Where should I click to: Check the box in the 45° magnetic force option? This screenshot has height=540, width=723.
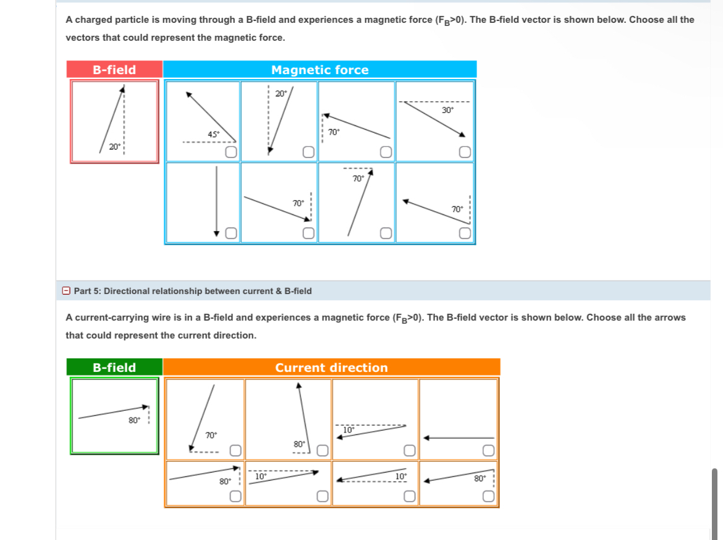click(x=230, y=152)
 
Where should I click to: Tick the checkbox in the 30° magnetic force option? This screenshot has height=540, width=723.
click(x=465, y=152)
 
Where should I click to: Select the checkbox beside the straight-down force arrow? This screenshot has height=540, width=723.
click(x=230, y=233)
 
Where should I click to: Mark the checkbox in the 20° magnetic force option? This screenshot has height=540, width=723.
click(x=307, y=152)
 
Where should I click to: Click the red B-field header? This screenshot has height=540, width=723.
click(x=114, y=70)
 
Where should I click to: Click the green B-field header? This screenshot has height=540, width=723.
click(x=114, y=368)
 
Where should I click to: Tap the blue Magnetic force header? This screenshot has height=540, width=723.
click(x=319, y=70)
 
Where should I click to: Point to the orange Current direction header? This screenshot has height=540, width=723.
click(x=331, y=368)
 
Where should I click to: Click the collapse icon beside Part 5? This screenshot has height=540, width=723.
click(x=66, y=291)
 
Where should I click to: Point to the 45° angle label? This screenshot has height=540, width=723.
click(x=213, y=134)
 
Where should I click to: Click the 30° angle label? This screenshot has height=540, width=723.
click(x=447, y=110)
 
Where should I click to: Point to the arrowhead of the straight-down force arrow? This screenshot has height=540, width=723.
click(x=217, y=233)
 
